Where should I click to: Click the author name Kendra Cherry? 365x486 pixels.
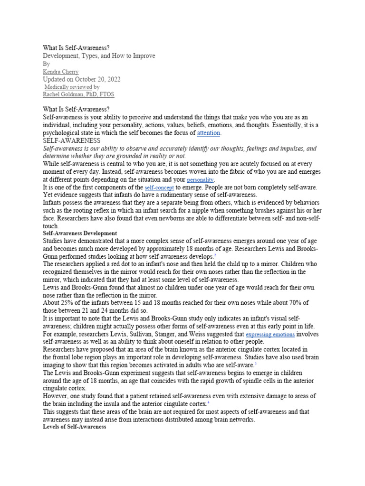(x=60, y=72)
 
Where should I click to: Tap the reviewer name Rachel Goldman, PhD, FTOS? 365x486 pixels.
(x=78, y=94)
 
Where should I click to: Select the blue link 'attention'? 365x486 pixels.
(x=209, y=133)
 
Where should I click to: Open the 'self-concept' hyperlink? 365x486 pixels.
(x=159, y=188)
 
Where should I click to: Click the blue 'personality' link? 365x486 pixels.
(x=201, y=180)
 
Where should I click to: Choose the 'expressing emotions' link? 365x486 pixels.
(x=270, y=335)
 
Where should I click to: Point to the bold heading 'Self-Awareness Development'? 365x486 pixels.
(x=80, y=234)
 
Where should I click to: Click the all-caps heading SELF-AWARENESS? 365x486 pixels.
(x=72, y=141)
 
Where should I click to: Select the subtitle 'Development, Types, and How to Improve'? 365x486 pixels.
(x=99, y=56)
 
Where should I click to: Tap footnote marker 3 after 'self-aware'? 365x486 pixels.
(x=255, y=364)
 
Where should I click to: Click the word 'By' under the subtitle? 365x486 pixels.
(x=46, y=64)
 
